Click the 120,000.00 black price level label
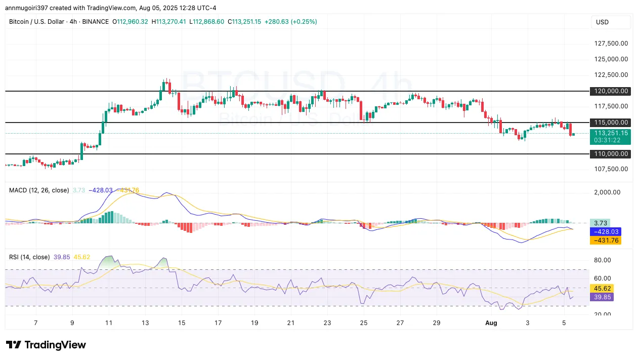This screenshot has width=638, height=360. (x=611, y=91)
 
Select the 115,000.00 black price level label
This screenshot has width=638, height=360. (x=611, y=123)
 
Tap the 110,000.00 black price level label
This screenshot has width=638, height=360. (x=611, y=154)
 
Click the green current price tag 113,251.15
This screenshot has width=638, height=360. (x=611, y=133)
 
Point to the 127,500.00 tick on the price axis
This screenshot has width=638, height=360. (x=611, y=44)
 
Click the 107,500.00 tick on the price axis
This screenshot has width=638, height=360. (x=611, y=169)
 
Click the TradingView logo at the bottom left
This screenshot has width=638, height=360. (x=46, y=345)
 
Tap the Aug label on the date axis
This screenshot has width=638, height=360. (x=491, y=323)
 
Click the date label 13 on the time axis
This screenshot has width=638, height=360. (x=145, y=323)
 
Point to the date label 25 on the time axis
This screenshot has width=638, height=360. (x=364, y=323)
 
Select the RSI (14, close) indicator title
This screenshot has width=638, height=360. (x=29, y=257)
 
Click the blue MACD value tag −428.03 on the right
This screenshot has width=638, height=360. (x=606, y=231)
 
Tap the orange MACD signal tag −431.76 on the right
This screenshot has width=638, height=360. (x=606, y=240)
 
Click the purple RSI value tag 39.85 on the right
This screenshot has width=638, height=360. (x=602, y=297)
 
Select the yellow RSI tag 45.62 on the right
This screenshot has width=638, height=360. (x=602, y=288)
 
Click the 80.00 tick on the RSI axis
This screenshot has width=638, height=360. (x=602, y=260)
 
